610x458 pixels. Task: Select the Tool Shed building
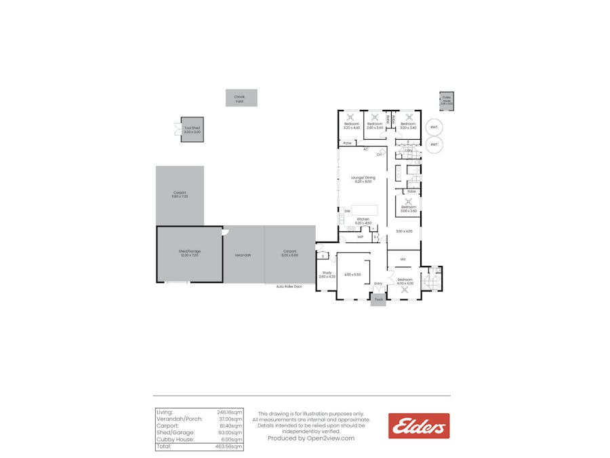(192, 129)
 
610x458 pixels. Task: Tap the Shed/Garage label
(190, 252)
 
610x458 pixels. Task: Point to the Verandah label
(243, 255)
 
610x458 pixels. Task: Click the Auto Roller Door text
(289, 286)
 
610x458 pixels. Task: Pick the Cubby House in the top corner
(447, 100)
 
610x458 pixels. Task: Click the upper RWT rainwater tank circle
(434, 128)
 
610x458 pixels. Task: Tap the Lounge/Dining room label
(363, 178)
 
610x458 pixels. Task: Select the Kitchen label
(363, 219)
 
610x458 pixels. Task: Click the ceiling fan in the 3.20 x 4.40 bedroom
(351, 116)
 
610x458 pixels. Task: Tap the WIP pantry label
(360, 237)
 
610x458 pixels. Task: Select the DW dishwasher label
(346, 212)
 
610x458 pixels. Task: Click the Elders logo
(419, 426)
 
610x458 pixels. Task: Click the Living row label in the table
(165, 413)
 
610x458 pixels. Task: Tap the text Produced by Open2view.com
(311, 438)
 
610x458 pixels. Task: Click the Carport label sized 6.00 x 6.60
(290, 254)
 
